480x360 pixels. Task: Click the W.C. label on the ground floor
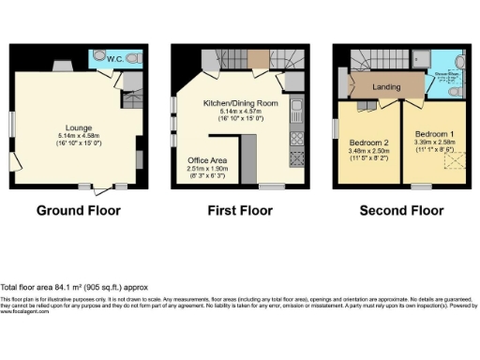click(x=115, y=59)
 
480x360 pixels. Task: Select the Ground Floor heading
click(x=79, y=211)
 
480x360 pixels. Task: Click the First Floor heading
click(x=239, y=211)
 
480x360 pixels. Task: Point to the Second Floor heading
click(x=401, y=211)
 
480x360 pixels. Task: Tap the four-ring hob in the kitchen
click(x=295, y=138)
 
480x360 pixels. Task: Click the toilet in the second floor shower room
click(x=454, y=93)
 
